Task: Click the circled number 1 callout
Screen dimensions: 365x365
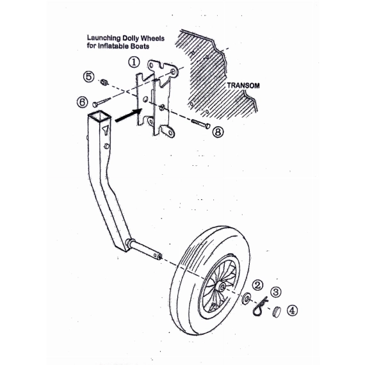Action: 134,62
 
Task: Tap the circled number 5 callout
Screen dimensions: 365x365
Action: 89,77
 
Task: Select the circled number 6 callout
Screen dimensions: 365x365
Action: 83,102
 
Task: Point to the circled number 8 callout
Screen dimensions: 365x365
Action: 218,132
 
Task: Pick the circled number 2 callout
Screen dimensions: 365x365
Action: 257,285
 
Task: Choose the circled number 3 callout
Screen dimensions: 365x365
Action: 276,291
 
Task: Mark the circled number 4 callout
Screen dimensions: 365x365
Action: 292,311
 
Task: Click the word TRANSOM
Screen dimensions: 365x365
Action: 243,85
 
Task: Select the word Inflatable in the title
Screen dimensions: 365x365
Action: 113,46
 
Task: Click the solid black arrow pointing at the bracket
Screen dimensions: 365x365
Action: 129,115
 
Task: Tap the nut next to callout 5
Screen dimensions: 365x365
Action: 104,82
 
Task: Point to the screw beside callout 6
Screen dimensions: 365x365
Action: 102,102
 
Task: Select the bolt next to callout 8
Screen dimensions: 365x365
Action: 200,124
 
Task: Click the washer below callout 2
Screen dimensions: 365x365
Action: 246,298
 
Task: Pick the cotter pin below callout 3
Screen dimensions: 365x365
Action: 259,307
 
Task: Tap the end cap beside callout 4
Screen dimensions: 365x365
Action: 277,312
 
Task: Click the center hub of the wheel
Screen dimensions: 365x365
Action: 221,286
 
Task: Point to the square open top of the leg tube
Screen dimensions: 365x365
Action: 99,116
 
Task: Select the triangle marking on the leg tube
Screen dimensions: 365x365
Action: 106,130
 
